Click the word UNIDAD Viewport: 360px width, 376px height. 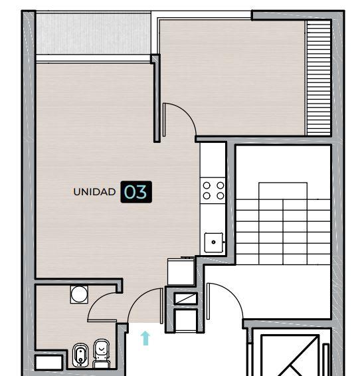click(x=94, y=192)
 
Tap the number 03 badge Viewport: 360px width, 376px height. click(x=136, y=192)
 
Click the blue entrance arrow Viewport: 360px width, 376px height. click(x=145, y=338)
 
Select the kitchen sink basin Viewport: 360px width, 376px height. click(x=214, y=242)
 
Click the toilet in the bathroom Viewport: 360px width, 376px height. click(x=102, y=353)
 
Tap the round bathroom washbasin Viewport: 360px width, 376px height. click(x=79, y=294)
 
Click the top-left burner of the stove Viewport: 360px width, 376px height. click(x=207, y=185)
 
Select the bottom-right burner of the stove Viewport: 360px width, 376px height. click(x=221, y=196)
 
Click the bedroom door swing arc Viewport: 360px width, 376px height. click(x=187, y=112)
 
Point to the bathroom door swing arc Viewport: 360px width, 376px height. click(x=96, y=302)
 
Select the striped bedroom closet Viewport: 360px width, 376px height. click(x=319, y=78)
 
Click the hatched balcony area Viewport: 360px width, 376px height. click(x=94, y=34)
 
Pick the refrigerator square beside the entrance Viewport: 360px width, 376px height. click(x=181, y=272)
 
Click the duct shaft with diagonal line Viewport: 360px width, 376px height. click(x=185, y=299)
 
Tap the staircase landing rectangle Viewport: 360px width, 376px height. click(x=283, y=191)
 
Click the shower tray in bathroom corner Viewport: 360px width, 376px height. click(x=49, y=362)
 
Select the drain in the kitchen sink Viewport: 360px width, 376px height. click(x=214, y=242)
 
